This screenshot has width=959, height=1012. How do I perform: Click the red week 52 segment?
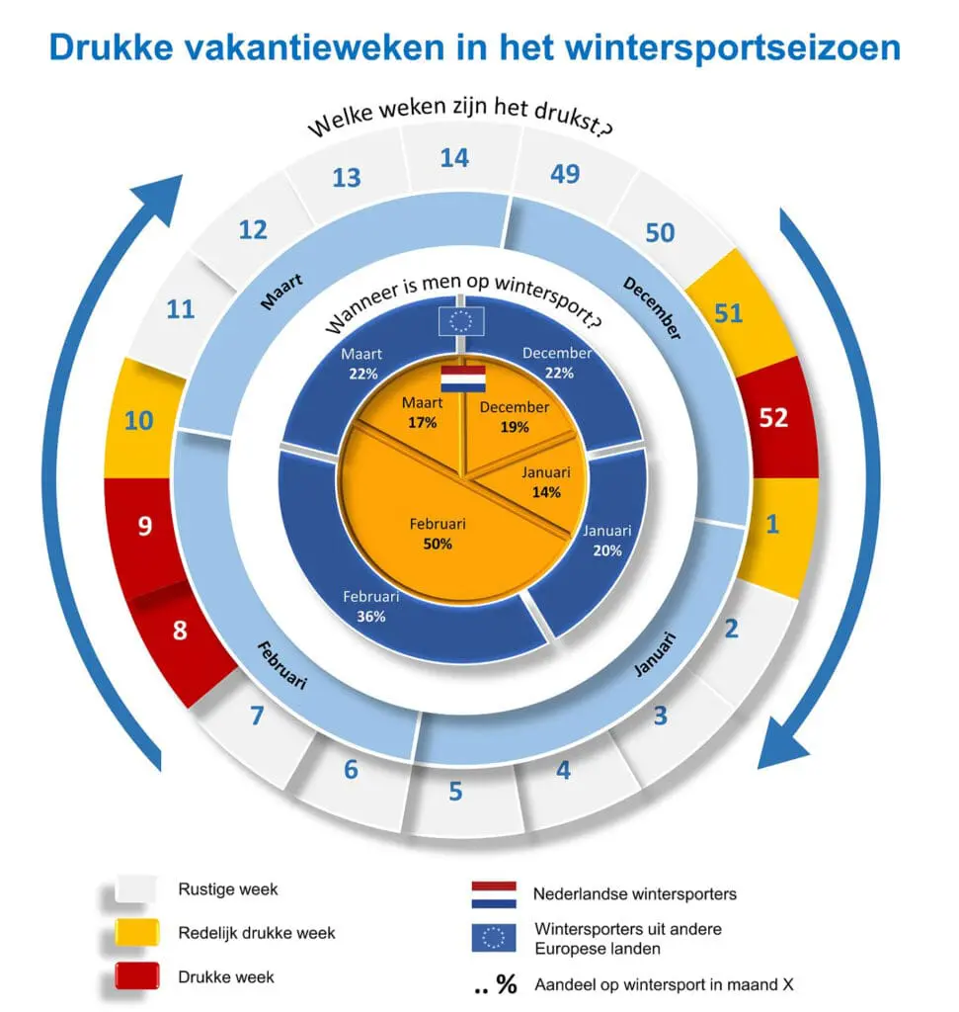[x=777, y=418]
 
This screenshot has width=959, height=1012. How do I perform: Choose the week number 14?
[x=454, y=158]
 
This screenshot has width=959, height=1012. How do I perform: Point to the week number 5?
[x=455, y=792]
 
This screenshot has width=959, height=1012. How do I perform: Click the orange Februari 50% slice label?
[x=438, y=534]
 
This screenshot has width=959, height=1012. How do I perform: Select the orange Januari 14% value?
[x=546, y=492]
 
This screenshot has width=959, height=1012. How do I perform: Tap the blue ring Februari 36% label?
[x=370, y=606]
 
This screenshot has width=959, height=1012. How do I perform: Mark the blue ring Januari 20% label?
[x=606, y=541]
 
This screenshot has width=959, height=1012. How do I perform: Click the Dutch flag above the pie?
[x=463, y=379]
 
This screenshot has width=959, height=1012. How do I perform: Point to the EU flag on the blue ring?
[x=461, y=321]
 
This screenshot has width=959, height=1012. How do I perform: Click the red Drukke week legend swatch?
[x=136, y=975]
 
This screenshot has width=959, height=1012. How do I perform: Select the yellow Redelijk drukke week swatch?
[x=136, y=932]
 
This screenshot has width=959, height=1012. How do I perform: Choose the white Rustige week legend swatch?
[x=136, y=888]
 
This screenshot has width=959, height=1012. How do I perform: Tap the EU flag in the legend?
[x=494, y=938]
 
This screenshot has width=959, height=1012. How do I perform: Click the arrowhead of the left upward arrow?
[x=161, y=196]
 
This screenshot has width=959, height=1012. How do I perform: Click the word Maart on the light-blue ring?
[x=281, y=292]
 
